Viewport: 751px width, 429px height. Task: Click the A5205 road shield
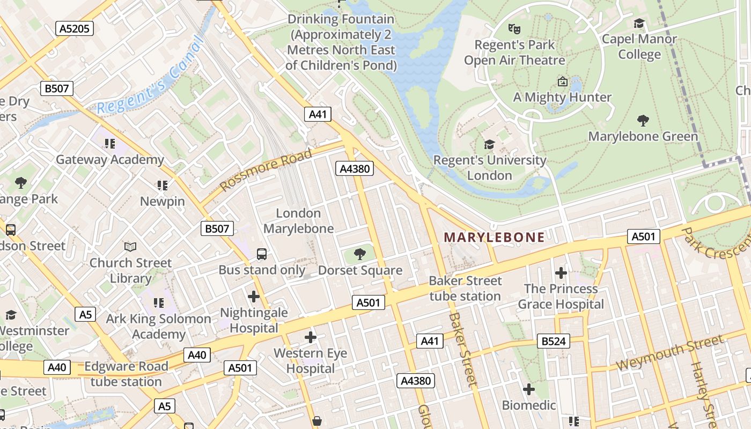(75, 28)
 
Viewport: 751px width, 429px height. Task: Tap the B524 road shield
(554, 341)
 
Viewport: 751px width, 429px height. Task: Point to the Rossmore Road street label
(266, 170)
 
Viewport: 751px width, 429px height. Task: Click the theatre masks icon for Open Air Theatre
(514, 28)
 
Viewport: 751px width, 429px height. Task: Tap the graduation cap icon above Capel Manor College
(639, 23)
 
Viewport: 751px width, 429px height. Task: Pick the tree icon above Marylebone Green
(643, 120)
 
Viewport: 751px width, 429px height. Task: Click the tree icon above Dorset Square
(360, 254)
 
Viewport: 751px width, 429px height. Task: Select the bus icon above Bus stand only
(262, 254)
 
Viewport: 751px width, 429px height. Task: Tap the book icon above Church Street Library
(130, 247)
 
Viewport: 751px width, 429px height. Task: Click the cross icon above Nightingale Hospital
(254, 296)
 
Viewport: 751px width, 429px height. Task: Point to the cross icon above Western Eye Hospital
(310, 337)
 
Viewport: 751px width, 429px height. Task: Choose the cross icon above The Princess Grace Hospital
(561, 273)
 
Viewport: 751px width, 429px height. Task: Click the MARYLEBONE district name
(494, 237)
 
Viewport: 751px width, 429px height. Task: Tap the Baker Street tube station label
(465, 289)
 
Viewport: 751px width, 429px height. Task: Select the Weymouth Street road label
(669, 352)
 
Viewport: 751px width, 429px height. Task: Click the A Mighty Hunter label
(562, 97)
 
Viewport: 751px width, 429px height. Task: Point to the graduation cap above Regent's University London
(489, 144)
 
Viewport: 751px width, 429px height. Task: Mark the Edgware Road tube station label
(126, 374)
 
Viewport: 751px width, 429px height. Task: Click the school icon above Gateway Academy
(110, 143)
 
